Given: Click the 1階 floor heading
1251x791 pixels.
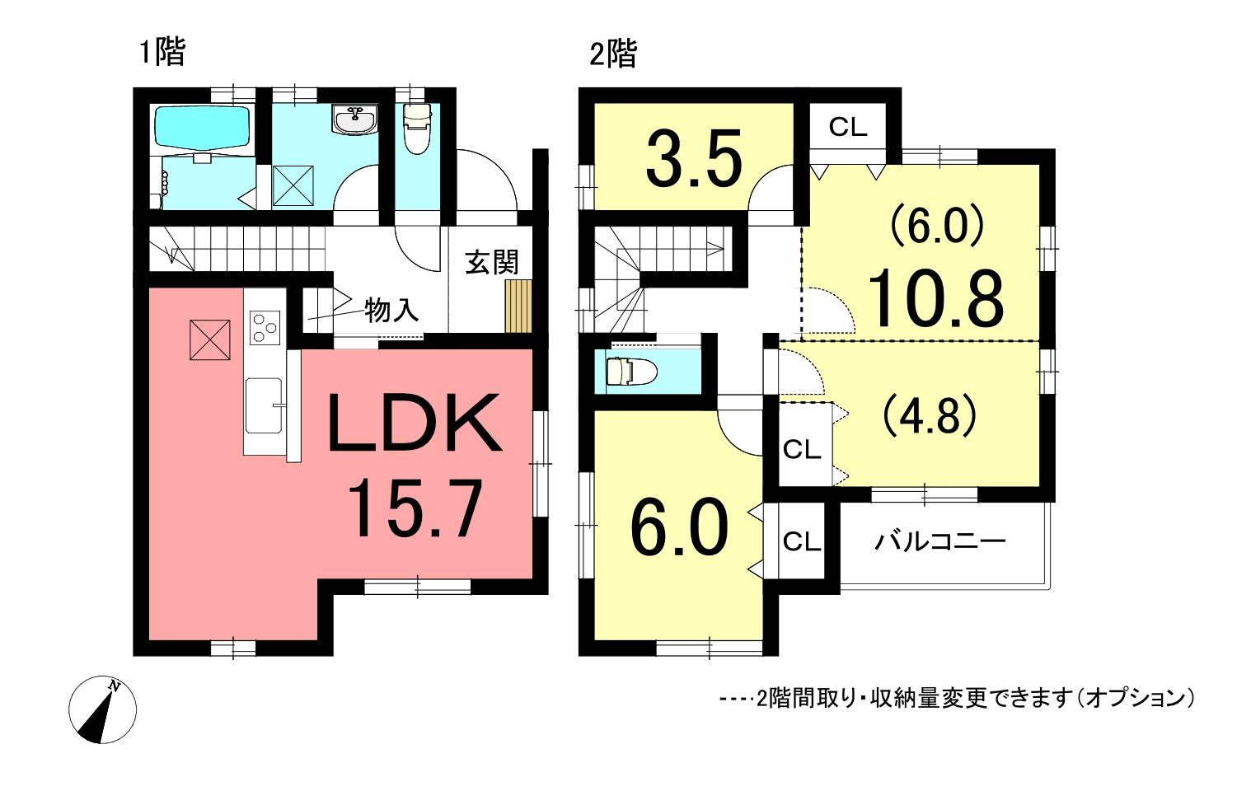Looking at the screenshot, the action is [x=162, y=53].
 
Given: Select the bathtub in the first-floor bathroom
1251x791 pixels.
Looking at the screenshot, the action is [x=202, y=129].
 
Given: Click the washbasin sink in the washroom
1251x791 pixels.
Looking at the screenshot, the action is [x=354, y=119].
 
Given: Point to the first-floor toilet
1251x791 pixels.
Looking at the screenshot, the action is [x=416, y=129].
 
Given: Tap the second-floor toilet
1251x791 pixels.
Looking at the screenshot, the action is [x=631, y=372].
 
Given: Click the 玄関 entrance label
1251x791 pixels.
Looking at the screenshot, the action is [x=492, y=262].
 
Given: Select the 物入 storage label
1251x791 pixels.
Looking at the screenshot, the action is [x=391, y=310].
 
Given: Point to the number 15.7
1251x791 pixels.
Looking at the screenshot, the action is [x=415, y=510].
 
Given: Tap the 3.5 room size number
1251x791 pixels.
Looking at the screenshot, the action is [x=694, y=158].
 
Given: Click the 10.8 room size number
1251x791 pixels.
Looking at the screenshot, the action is [x=935, y=298].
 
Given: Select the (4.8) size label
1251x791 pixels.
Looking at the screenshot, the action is [x=930, y=415].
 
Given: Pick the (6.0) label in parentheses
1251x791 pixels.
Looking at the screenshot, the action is [x=938, y=225].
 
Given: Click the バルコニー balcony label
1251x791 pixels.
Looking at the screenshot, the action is [x=940, y=541].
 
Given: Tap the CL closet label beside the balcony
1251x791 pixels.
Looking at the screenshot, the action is [x=802, y=541].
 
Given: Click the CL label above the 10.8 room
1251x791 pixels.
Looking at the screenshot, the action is [x=848, y=127].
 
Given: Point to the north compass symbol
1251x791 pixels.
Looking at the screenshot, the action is [x=103, y=709].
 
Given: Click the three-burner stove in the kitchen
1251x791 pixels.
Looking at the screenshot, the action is [x=265, y=326].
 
